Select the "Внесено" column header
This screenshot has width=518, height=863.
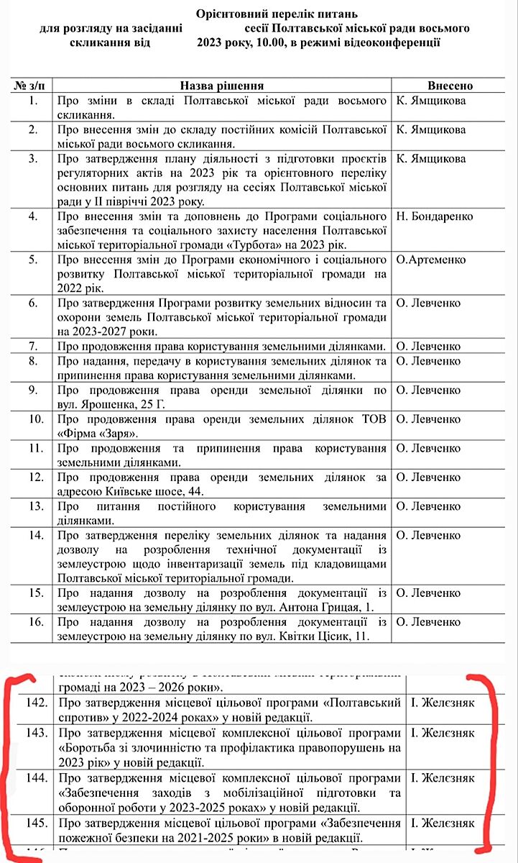(450, 86)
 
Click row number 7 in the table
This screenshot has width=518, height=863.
(32, 346)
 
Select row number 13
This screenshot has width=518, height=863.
(32, 507)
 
